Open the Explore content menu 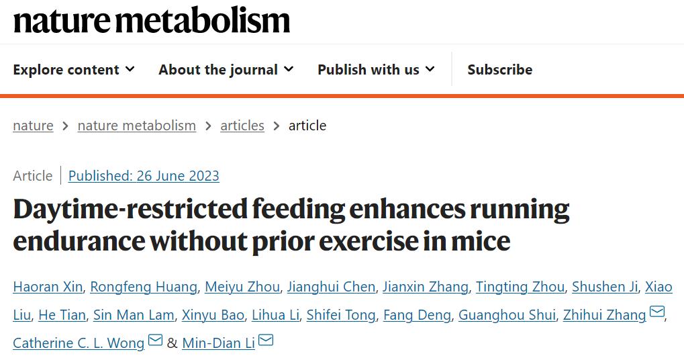click(73, 70)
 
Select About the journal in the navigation click(226, 70)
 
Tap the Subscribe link click(499, 70)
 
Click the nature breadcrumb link click(33, 126)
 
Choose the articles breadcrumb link click(242, 126)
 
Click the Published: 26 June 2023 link click(144, 176)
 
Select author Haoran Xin click(48, 287)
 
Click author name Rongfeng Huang click(144, 287)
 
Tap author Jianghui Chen click(331, 287)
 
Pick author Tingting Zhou click(520, 287)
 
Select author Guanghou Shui click(507, 315)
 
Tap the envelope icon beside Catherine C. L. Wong click(155, 341)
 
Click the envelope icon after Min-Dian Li click(266, 341)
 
